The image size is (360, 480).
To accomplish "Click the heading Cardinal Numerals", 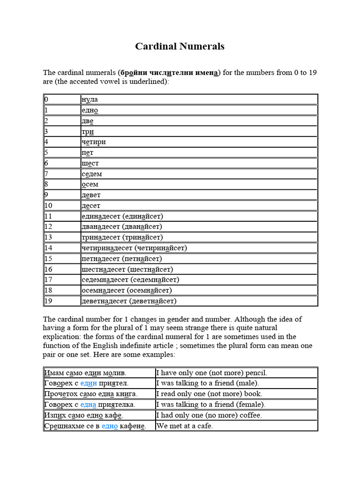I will (x=180, y=46).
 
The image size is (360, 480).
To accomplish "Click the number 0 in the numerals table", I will (x=46, y=99).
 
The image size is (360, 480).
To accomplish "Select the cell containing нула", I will (x=90, y=99).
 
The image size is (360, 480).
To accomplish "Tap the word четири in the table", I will (x=94, y=142).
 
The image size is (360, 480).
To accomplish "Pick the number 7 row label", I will (x=46, y=174).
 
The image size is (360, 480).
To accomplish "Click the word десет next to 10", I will (x=91, y=206).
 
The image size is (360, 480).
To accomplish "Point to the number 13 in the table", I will (x=48, y=238).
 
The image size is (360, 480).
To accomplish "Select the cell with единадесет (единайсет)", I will (x=122, y=217).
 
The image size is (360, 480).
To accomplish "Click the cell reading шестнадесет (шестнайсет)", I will (x=127, y=270).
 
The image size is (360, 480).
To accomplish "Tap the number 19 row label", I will (x=48, y=301).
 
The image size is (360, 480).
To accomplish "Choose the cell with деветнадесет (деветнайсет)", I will (x=129, y=301).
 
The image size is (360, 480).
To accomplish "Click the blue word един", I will (x=89, y=383).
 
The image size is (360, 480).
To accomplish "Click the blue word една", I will (x=88, y=405).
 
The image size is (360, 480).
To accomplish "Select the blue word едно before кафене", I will (x=109, y=426).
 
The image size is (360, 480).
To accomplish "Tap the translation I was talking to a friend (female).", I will (x=210, y=405).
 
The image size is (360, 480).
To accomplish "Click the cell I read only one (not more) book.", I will (x=209, y=394).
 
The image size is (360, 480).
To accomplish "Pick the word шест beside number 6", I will (x=90, y=164).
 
